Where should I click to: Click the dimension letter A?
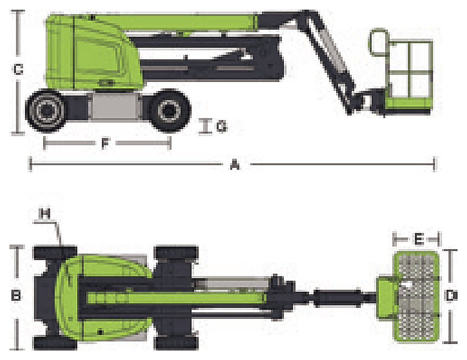point(235,166)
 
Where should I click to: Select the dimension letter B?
point(16,295)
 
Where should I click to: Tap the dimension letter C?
point(18,69)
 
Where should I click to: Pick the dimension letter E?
point(419,240)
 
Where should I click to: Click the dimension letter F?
point(105,143)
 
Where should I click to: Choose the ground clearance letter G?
point(221,126)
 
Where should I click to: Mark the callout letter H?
point(45,213)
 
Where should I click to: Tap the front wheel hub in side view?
point(169,110)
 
